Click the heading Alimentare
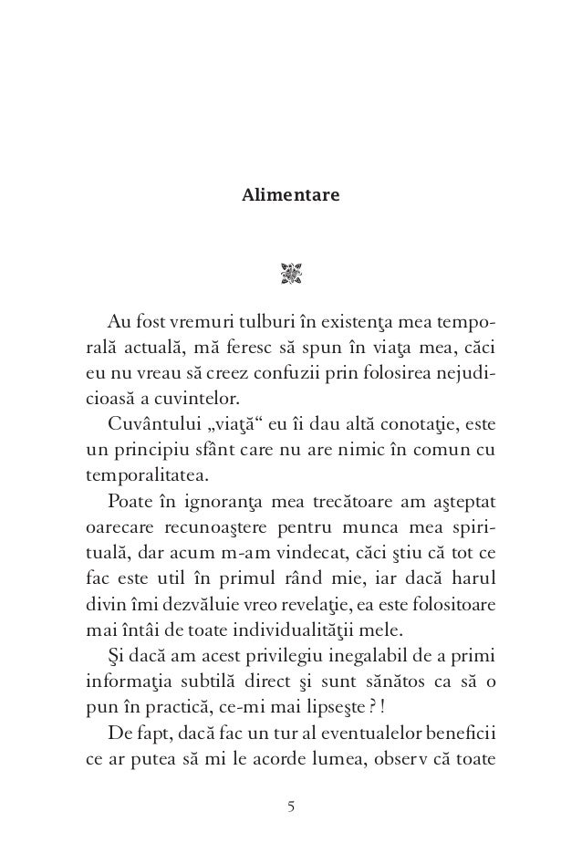pyautogui.click(x=290, y=195)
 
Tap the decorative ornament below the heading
pyautogui.click(x=291, y=272)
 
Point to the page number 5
pyautogui.click(x=291, y=807)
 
